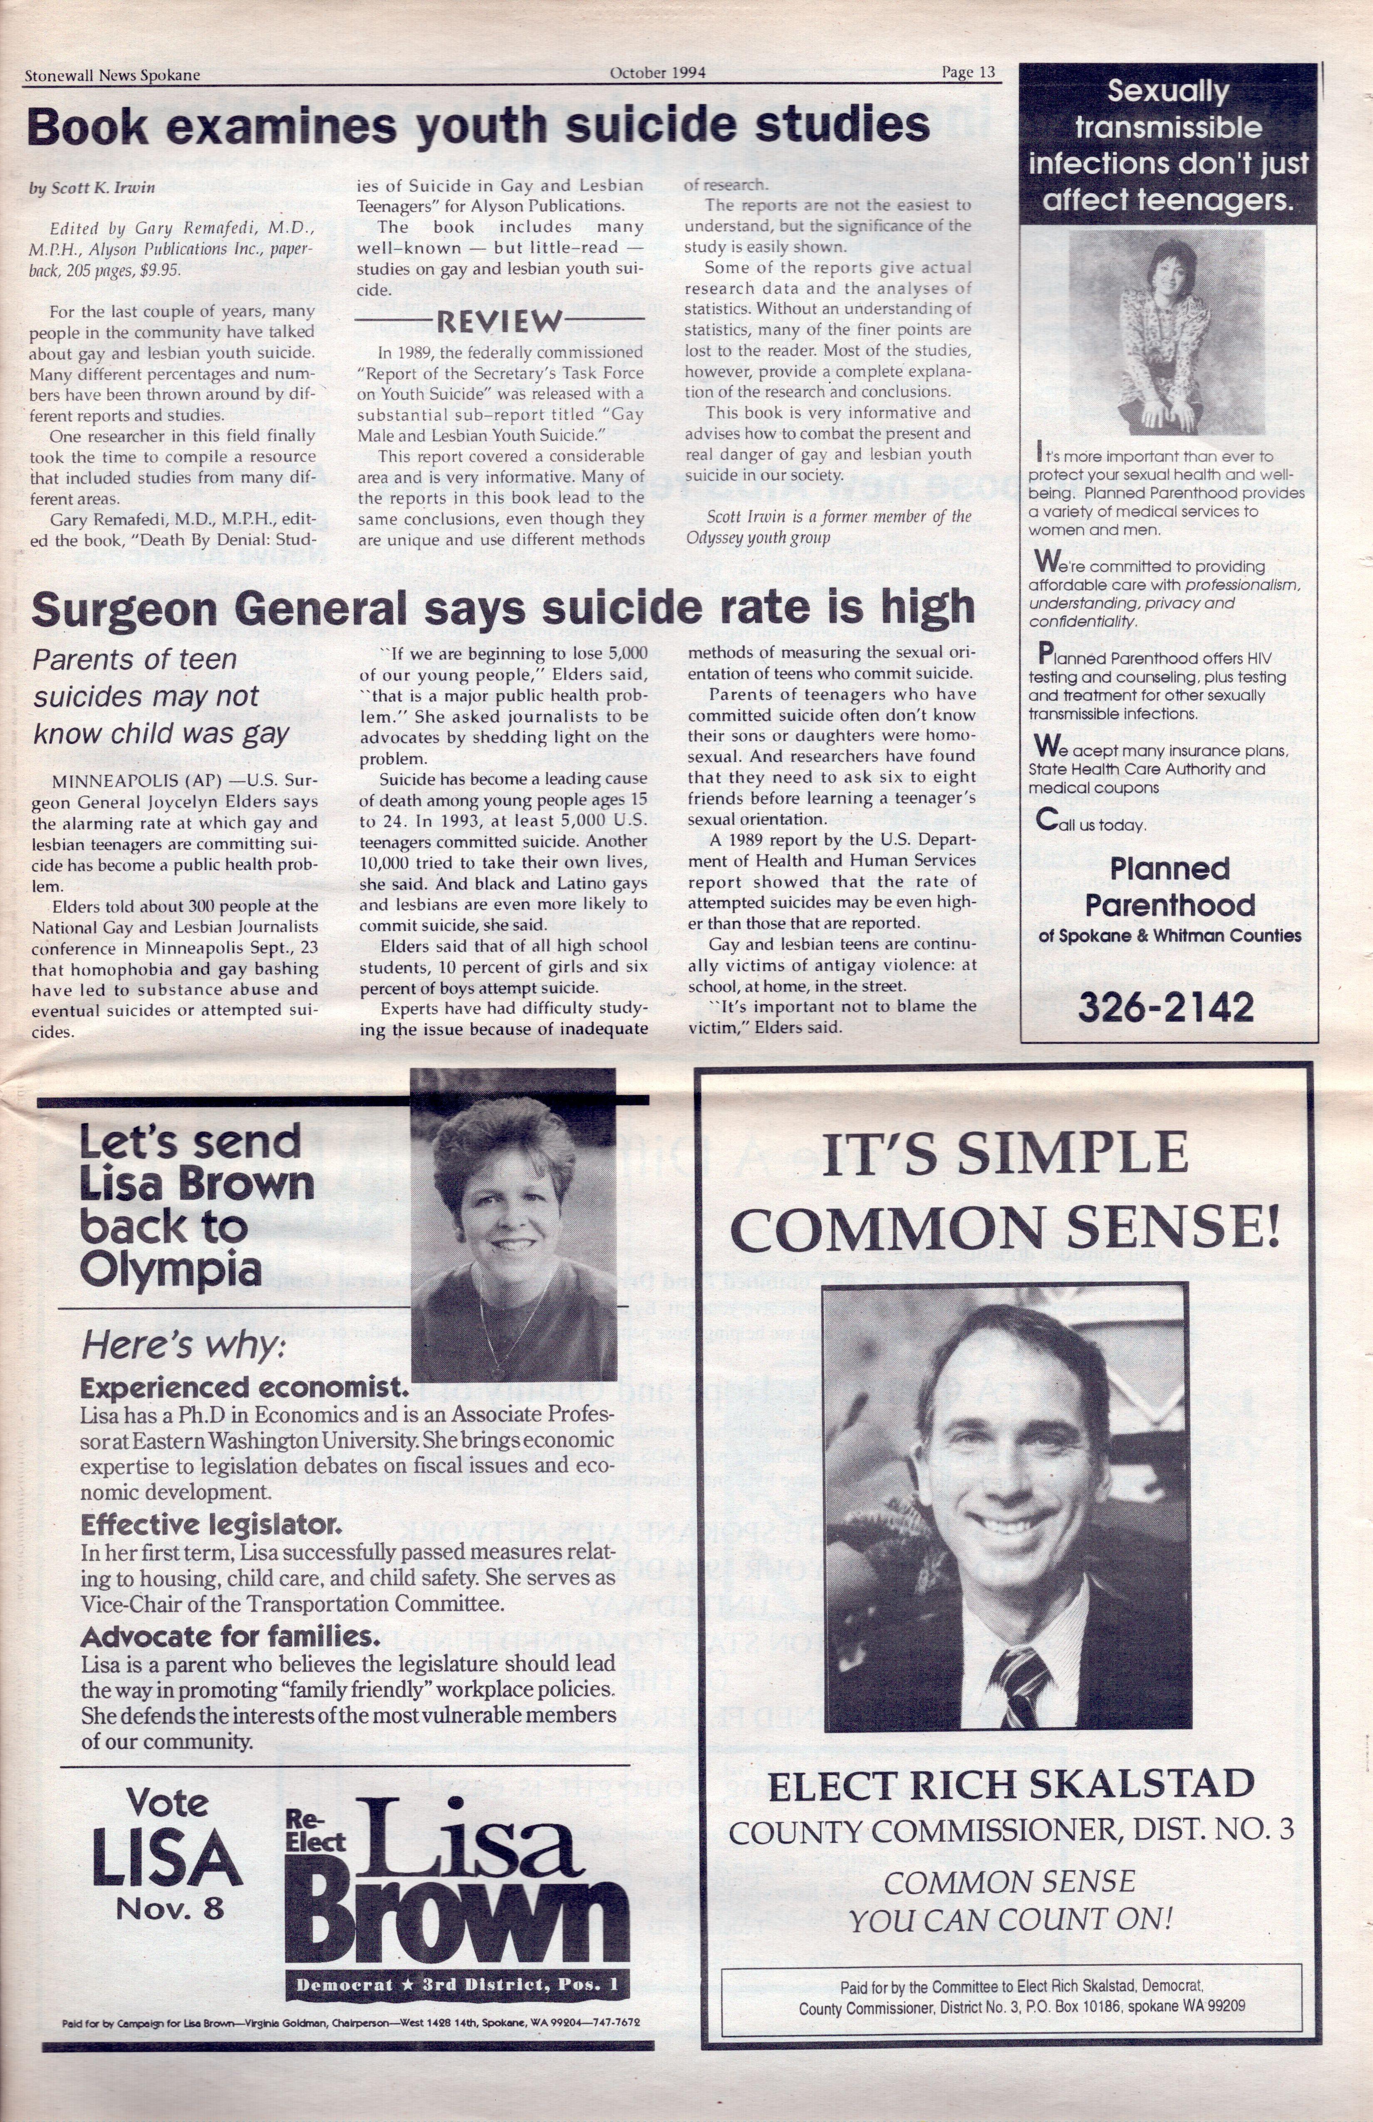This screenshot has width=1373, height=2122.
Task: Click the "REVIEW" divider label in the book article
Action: (500, 321)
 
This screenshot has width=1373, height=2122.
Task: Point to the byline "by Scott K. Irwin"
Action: (92, 187)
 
